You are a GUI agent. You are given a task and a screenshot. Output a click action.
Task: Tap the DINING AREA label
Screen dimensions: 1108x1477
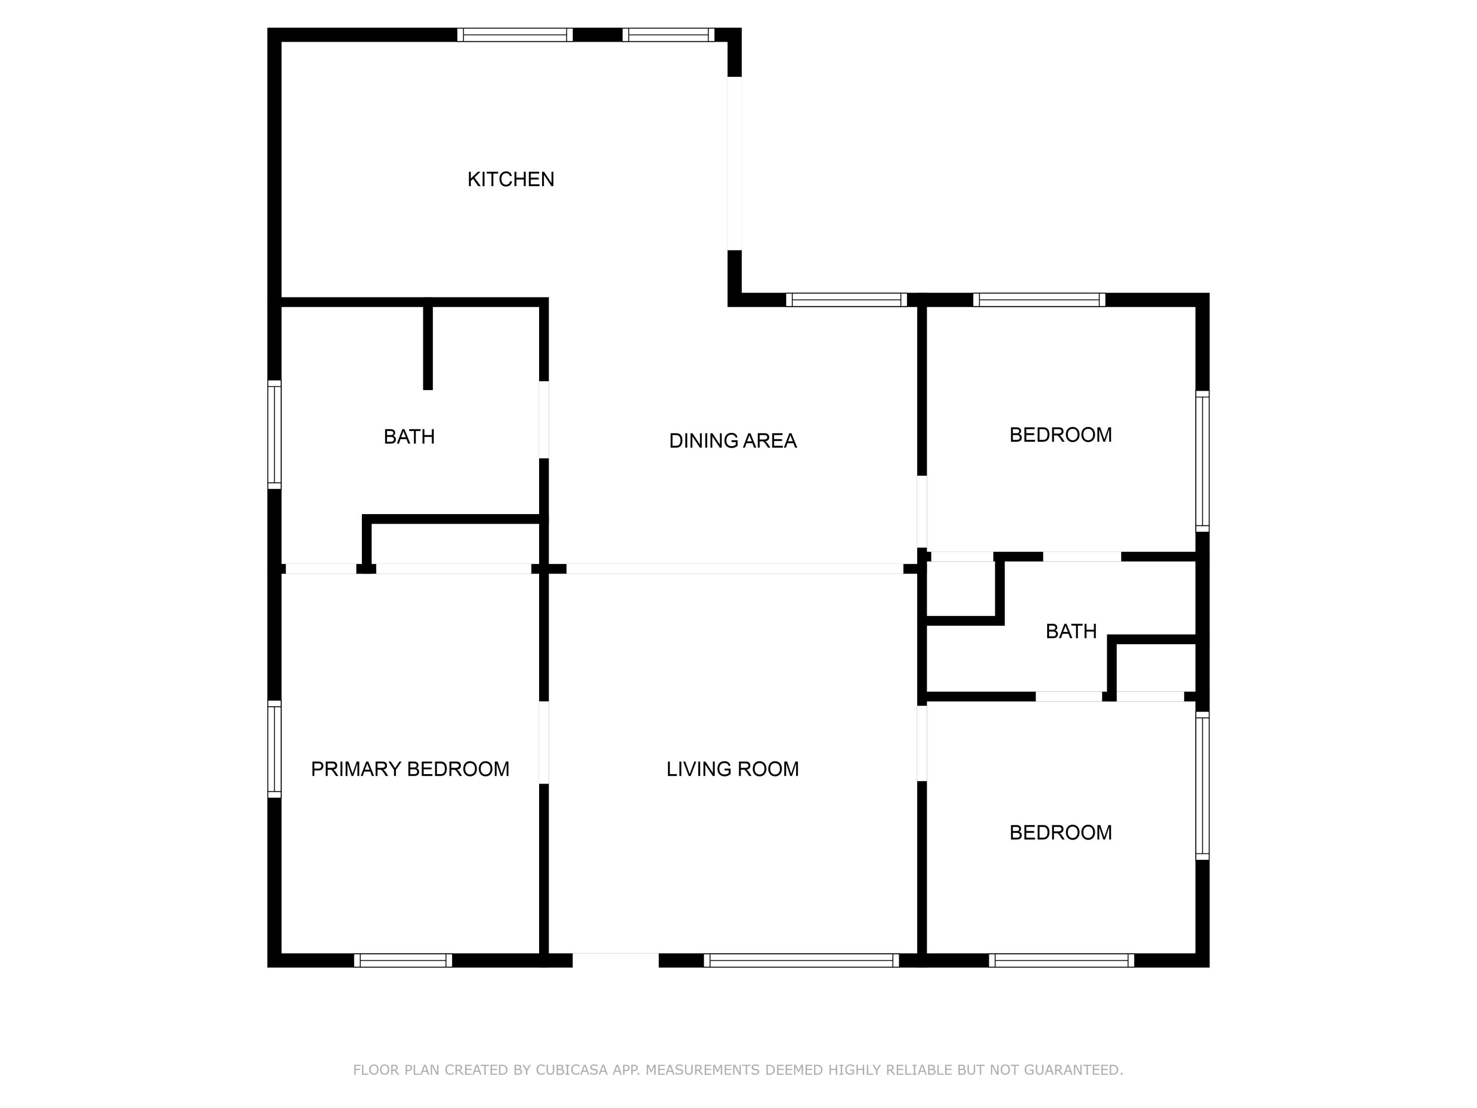[733, 441]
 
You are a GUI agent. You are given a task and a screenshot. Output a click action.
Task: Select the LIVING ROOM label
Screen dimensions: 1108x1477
[733, 769]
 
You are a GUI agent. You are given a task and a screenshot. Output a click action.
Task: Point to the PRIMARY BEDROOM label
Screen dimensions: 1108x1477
[410, 769]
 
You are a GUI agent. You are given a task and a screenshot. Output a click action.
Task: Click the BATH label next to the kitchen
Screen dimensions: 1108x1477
[409, 437]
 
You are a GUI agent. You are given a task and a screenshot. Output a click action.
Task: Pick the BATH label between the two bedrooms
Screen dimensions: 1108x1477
[1071, 631]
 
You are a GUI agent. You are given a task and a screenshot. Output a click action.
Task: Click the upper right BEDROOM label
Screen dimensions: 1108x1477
[1060, 435]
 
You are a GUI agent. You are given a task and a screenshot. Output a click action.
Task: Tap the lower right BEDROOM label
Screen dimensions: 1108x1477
[1060, 832]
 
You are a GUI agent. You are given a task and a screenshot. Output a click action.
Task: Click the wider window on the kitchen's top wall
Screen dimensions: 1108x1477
[515, 35]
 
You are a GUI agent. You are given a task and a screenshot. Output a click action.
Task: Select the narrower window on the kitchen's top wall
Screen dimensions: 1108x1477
[669, 35]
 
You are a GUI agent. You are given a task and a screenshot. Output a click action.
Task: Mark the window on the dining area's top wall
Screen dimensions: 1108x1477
[846, 300]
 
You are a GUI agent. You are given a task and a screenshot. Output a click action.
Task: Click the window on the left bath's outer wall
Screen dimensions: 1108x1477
[274, 434]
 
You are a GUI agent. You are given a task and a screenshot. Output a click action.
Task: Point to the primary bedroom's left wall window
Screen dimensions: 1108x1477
[274, 749]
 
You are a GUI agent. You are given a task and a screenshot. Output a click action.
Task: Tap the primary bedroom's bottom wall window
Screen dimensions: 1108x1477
[403, 960]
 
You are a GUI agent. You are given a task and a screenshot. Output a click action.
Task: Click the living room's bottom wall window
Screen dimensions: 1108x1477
[801, 960]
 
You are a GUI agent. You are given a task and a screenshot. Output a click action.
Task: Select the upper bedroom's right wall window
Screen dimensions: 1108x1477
[1202, 461]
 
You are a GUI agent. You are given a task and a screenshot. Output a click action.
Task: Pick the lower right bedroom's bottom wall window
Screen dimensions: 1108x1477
[1061, 960]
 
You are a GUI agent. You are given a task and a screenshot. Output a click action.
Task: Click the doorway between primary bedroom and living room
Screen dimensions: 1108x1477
[544, 742]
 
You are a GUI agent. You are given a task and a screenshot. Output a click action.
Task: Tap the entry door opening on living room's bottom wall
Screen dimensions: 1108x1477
[615, 960]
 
